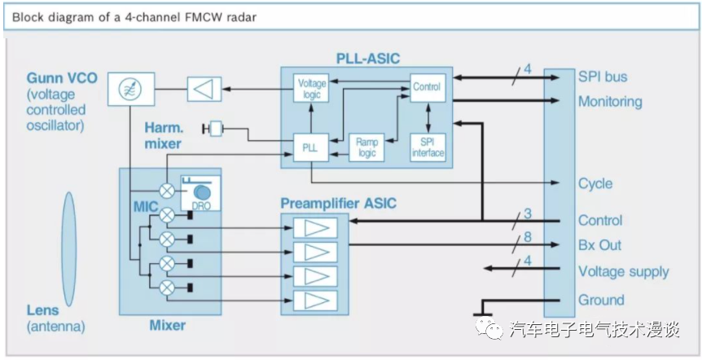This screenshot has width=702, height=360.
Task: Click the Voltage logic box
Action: tap(311, 89)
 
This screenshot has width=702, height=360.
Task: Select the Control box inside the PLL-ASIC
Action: tap(427, 87)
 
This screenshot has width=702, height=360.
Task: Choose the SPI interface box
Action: tap(428, 147)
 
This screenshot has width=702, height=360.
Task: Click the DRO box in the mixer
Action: tap(200, 195)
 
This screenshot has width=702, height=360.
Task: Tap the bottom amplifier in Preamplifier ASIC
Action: tap(314, 300)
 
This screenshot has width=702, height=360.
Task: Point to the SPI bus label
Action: tap(603, 77)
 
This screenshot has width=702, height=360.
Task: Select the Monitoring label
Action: tap(610, 102)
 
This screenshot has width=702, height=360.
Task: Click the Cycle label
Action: tap(595, 183)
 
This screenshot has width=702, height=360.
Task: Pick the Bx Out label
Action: tap(599, 245)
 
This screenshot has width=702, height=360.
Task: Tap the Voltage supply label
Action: tap(623, 271)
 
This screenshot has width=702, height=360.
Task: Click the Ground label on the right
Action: tap(601, 299)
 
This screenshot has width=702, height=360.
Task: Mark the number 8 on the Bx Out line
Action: tap(529, 237)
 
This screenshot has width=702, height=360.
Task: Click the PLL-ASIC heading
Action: tap(368, 58)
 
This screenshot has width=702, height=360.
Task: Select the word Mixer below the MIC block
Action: tap(167, 325)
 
